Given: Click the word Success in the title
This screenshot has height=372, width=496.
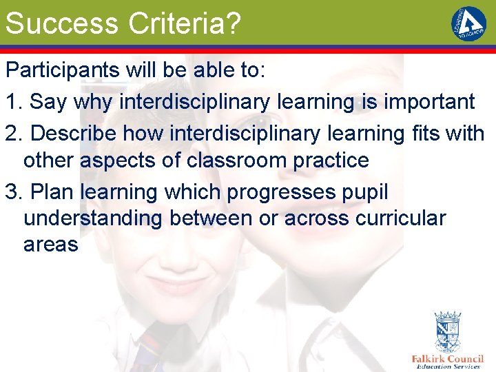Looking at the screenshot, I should coord(61,23).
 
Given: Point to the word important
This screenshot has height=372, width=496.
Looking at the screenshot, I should coord(428,102).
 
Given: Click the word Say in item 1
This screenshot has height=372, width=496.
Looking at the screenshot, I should coord(48,103).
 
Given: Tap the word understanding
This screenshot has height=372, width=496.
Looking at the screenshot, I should coord(93,219).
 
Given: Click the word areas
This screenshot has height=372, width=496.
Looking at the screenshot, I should coord(50,245).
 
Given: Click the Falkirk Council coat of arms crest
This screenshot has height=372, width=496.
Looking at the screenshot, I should coord(448,333).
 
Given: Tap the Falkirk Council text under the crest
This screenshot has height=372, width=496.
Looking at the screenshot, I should coord(448,359).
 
